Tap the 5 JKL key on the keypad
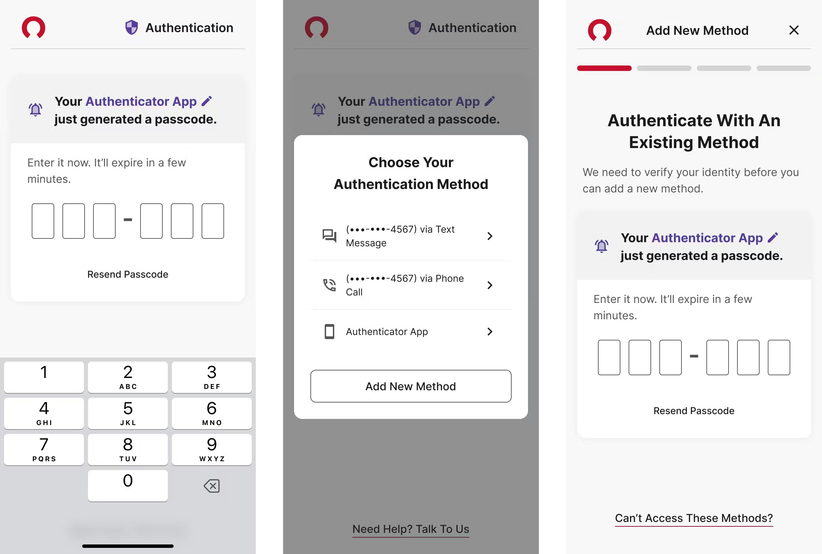click(128, 413)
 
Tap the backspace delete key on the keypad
click(211, 486)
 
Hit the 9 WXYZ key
click(211, 449)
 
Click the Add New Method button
click(411, 386)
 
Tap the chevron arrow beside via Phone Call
click(489, 285)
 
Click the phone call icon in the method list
click(329, 285)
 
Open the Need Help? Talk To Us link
click(411, 529)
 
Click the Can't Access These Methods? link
click(694, 518)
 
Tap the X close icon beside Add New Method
click(794, 30)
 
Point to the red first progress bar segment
click(604, 68)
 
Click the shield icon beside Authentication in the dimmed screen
click(415, 27)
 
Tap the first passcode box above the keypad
click(43, 221)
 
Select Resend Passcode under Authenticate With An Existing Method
click(694, 411)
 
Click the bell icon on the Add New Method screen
click(602, 246)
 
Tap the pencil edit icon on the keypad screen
click(207, 101)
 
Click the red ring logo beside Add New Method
click(600, 30)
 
